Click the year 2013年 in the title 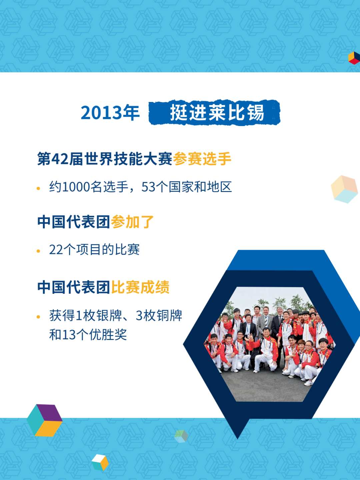pos(110,113)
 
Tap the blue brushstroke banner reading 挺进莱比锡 pos(214,113)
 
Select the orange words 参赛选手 pos(202,159)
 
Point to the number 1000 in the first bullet pos(76,187)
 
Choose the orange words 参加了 pos(132,222)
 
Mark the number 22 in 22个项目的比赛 pos(56,250)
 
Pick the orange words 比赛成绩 pos(140,287)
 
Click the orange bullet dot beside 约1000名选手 pos(38,188)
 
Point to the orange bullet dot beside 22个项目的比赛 pos(38,251)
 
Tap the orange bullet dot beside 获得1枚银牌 pos(38,317)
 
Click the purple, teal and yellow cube pos(45,420)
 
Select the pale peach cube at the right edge pos(344,189)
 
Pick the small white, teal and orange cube pos(100,462)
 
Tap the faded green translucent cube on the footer pos(181,436)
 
